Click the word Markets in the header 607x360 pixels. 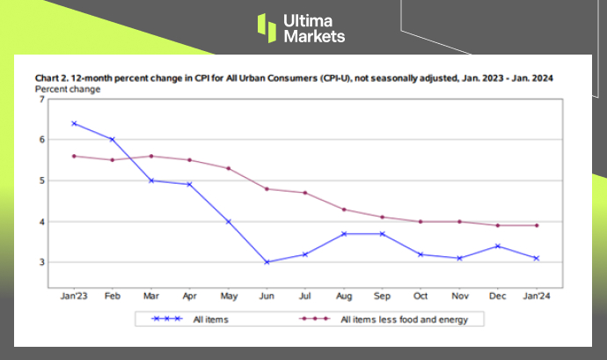314,36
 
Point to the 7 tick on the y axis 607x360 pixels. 40,99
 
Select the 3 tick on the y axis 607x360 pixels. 40,262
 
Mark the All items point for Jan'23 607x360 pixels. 74,123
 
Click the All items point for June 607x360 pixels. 266,262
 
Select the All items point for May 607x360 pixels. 228,221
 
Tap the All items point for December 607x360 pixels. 499,246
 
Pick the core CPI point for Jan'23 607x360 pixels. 74,156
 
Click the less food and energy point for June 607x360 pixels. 266,188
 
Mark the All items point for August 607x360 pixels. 343,233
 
